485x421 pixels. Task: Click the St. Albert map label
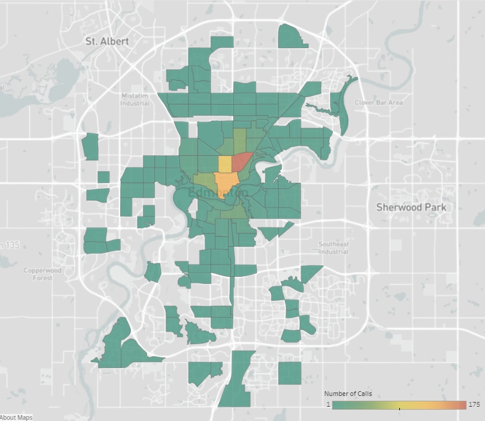coord(107,41)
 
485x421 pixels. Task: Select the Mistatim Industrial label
coord(134,99)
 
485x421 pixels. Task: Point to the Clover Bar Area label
coord(378,102)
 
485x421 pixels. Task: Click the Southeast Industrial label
coord(333,248)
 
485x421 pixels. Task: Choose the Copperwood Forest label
coord(42,274)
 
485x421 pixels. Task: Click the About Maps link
coord(16,417)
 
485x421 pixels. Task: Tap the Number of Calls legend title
coord(348,394)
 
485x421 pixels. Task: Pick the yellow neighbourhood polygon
coord(226,164)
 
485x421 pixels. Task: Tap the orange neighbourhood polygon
coord(224,182)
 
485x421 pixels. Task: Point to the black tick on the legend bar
coord(399,408)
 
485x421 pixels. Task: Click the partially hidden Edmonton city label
coord(218,194)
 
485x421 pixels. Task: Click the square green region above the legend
coord(290,373)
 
